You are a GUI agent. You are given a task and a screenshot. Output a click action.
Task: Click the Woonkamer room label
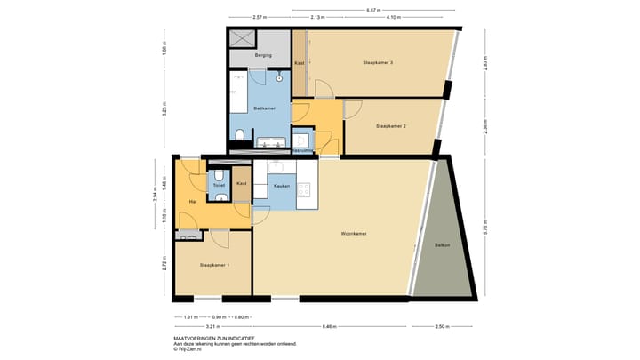[x=354, y=234]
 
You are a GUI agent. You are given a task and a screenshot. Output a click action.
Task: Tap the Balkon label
[x=442, y=244]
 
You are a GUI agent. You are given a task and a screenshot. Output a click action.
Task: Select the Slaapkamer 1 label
[x=214, y=265]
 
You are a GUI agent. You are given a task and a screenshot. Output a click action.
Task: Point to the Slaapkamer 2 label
[x=391, y=126]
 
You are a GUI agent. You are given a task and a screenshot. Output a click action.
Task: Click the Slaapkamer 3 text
[x=378, y=62]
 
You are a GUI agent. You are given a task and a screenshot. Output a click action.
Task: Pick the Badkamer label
[x=264, y=108]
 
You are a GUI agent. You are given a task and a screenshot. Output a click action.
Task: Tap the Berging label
[x=263, y=56]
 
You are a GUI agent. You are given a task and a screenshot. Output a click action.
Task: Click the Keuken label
[x=282, y=186]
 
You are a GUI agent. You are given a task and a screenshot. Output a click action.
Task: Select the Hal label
[x=192, y=202]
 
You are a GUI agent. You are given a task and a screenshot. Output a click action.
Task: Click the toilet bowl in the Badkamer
[x=241, y=135]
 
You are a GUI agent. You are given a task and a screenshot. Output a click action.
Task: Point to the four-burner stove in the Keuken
[x=303, y=189]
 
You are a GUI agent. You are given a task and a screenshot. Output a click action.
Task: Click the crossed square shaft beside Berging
[x=242, y=38]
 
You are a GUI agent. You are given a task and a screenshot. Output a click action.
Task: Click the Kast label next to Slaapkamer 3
[x=300, y=63]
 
